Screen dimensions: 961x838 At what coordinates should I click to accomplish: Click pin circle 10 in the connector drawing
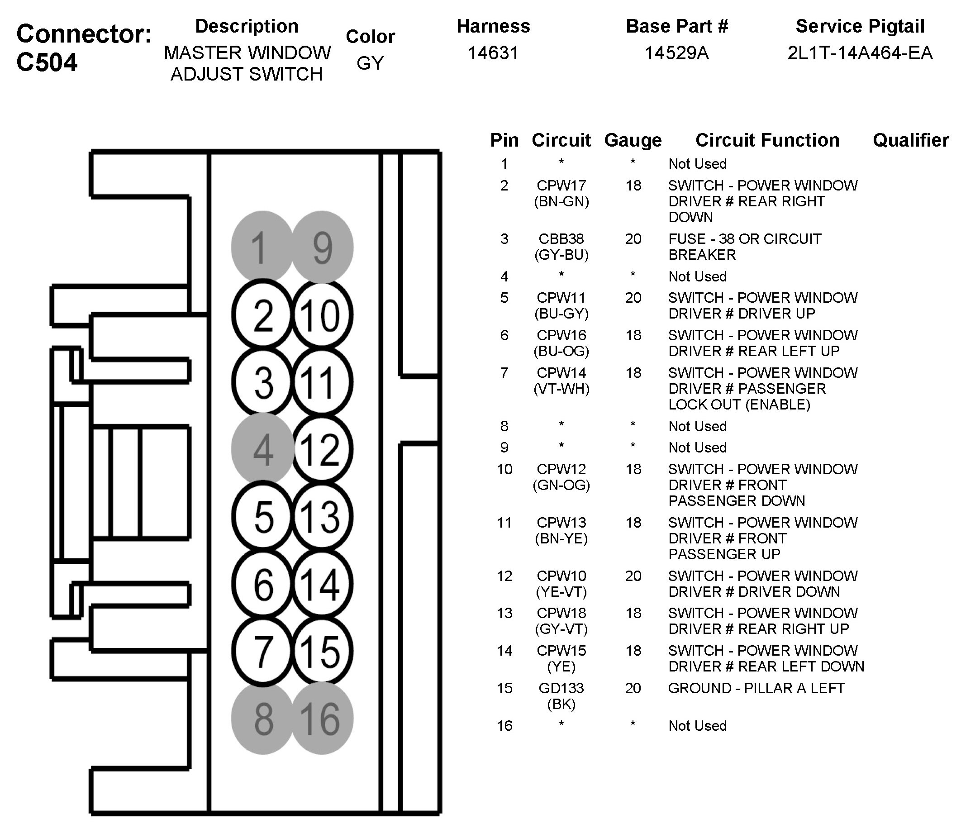[322, 315]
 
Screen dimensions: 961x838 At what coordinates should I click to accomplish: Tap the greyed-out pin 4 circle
[263, 449]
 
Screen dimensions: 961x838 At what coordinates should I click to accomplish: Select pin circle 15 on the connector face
[322, 652]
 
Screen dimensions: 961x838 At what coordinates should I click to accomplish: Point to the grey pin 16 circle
[322, 719]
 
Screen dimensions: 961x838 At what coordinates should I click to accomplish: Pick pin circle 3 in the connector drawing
[263, 382]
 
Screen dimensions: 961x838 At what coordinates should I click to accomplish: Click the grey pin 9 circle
[322, 247]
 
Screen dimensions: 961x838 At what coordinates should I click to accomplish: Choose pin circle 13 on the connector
[322, 517]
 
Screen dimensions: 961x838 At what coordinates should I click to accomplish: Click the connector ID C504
[47, 62]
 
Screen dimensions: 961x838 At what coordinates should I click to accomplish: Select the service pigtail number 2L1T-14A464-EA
[860, 53]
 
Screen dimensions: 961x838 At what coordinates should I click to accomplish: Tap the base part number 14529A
[677, 53]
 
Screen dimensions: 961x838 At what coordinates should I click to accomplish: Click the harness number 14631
[493, 53]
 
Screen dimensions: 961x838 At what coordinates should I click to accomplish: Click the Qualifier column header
[911, 140]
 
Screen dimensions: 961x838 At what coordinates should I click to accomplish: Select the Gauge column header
[633, 140]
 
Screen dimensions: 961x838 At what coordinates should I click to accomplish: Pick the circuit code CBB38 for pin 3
[561, 239]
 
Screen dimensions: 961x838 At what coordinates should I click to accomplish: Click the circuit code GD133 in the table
[561, 688]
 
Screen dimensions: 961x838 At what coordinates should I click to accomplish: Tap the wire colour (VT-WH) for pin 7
[561, 389]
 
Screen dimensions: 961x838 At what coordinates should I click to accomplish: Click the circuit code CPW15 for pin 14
[561, 651]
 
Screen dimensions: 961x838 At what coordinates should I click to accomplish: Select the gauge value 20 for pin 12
[633, 576]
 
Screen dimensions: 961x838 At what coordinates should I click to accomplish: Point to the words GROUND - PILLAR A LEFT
[756, 688]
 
